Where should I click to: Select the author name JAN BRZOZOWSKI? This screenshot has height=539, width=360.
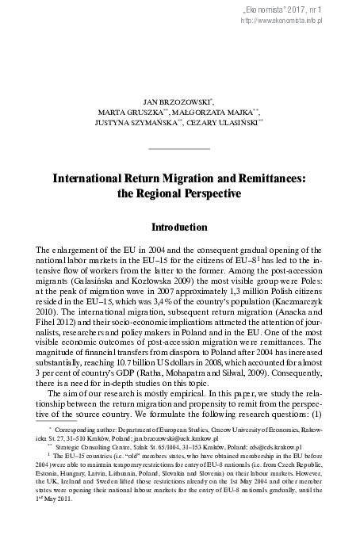tap(178, 103)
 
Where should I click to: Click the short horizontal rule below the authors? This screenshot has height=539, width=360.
tap(180, 147)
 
